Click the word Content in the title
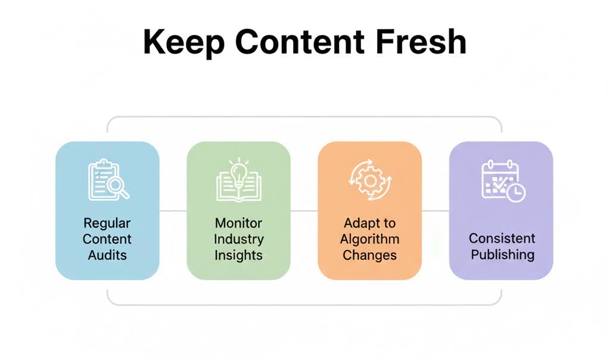(298, 42)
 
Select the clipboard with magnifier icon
(108, 179)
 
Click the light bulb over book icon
(238, 179)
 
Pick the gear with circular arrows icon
(369, 179)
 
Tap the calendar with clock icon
(502, 181)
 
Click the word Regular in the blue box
(107, 224)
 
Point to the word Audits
(107, 255)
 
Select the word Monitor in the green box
(238, 224)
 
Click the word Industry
(238, 239)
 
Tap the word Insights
(238, 255)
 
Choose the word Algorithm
(369, 239)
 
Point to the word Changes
(369, 255)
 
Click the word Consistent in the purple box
(502, 238)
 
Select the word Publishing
(502, 255)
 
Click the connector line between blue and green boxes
(173, 210)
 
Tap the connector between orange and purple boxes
(435, 210)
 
